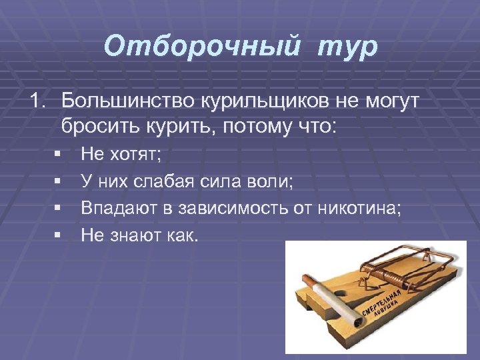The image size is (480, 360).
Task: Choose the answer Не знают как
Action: (x=139, y=235)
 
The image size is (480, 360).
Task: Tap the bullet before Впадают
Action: (x=58, y=209)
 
